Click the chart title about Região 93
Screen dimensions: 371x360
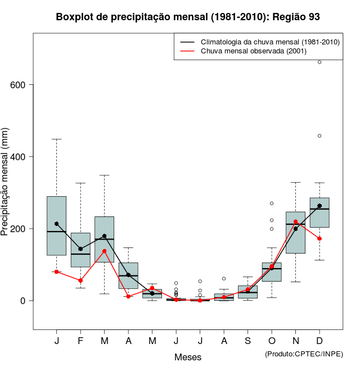[188, 17]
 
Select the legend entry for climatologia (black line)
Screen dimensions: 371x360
[262, 42]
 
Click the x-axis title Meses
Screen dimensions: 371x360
[188, 357]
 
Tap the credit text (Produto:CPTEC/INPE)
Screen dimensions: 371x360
[304, 354]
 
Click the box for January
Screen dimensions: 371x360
[56, 225]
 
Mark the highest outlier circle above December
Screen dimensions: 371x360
[319, 62]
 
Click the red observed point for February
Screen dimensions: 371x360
[80, 280]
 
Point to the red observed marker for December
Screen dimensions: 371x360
[319, 238]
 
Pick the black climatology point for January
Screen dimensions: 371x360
[56, 224]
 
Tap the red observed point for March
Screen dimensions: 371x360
[105, 251]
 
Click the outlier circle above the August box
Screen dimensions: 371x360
[224, 278]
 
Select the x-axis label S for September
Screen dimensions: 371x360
[247, 341]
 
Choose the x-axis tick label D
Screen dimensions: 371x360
[319, 341]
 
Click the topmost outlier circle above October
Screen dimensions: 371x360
[272, 203]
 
